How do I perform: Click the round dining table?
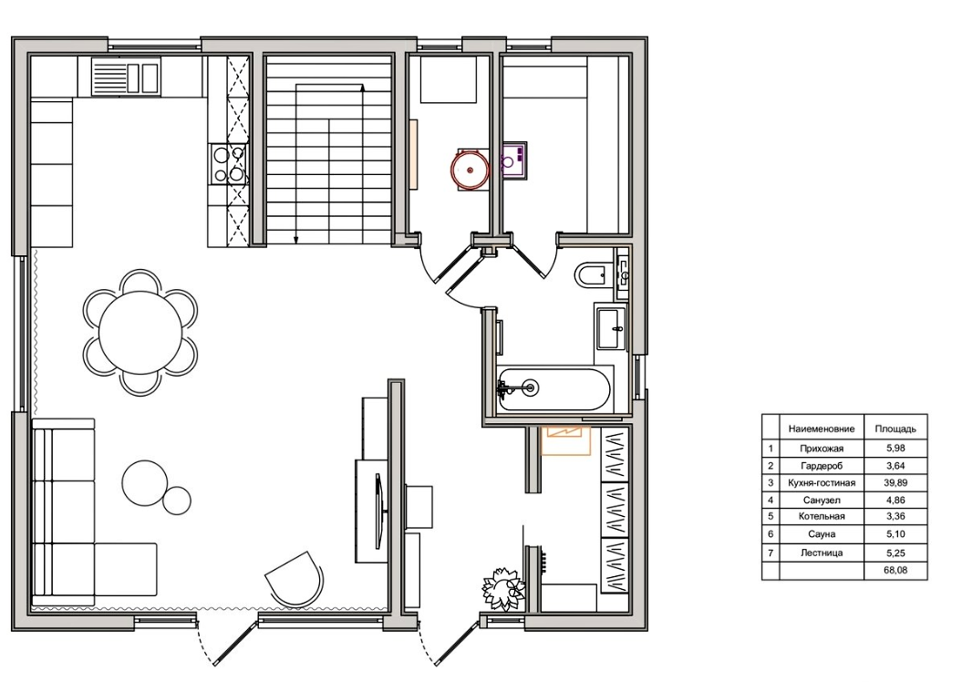(x=140, y=332)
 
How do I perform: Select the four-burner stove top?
(x=228, y=164)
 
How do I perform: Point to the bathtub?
(x=554, y=388)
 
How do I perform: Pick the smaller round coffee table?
(x=177, y=501)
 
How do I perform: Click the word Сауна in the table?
(x=822, y=534)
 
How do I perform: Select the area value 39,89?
(x=895, y=482)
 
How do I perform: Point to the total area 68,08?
(x=895, y=570)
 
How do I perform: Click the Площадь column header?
(x=895, y=429)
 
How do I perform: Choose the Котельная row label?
(x=822, y=516)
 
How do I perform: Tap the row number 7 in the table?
(x=771, y=553)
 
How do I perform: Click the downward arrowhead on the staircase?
(x=296, y=240)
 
